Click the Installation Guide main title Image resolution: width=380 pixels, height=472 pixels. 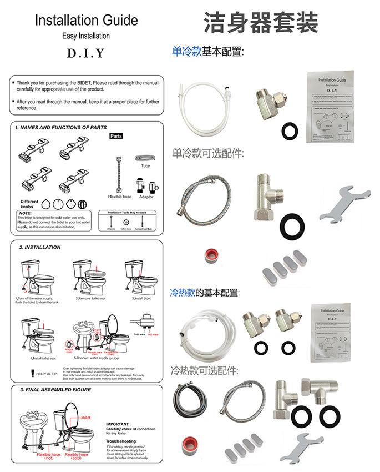86,21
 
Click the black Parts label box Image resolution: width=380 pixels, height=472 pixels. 116,136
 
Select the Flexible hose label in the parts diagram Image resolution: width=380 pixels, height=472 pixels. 119,197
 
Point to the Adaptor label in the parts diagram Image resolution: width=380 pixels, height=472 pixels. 146,197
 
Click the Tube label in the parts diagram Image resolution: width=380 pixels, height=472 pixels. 145,165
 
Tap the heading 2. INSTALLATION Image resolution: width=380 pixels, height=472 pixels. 40,247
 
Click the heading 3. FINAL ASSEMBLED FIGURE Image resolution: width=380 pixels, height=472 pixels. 55,390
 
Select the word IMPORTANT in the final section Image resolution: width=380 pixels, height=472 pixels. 118,424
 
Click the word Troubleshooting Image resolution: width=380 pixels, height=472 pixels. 121,441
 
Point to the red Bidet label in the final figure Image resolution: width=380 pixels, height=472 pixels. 86,416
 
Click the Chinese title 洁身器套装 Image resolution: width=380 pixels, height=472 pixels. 261,23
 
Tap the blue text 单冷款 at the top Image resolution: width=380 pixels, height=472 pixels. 186,52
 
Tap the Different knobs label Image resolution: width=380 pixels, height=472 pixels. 29,203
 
